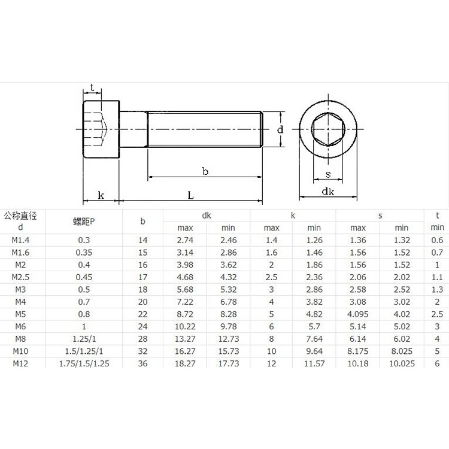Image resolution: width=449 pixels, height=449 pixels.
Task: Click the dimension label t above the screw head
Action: pyautogui.click(x=92, y=87)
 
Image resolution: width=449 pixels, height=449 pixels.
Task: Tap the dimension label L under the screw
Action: pyautogui.click(x=190, y=195)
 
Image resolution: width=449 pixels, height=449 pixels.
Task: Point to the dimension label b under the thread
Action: pyautogui.click(x=205, y=171)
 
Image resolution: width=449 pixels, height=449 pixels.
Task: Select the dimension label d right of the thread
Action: pyautogui.click(x=280, y=129)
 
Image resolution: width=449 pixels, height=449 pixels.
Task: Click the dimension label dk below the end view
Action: pyautogui.click(x=328, y=192)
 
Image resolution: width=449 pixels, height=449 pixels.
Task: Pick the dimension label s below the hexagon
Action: pyautogui.click(x=328, y=174)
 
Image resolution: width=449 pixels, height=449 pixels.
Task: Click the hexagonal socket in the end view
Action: pyautogui.click(x=328, y=129)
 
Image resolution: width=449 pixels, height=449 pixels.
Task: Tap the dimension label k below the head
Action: pyautogui.click(x=101, y=195)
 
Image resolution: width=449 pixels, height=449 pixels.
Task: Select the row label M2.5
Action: pyautogui.click(x=20, y=277)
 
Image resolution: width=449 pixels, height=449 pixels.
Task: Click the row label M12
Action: pyautogui.click(x=20, y=363)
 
